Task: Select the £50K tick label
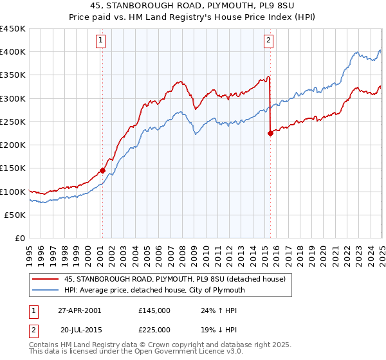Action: (x=15, y=215)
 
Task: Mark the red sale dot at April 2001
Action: (x=102, y=171)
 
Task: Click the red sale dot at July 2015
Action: (x=270, y=134)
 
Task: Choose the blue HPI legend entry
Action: (x=154, y=290)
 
